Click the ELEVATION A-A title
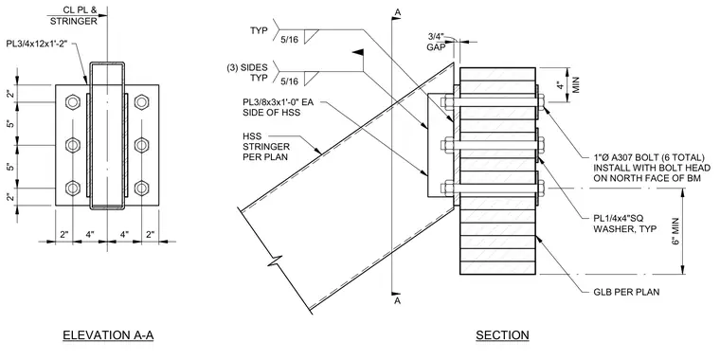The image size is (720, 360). [x=108, y=335]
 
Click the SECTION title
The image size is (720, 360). [x=502, y=335]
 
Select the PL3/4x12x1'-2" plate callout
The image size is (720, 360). [x=40, y=45]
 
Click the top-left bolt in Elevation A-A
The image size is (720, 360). [x=73, y=102]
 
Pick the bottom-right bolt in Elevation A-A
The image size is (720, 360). [x=141, y=188]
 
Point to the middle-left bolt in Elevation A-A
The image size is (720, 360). [x=73, y=145]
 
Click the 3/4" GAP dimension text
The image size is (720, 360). [x=437, y=42]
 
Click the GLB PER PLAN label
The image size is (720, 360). [x=626, y=292]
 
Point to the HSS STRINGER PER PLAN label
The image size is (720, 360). [x=266, y=147]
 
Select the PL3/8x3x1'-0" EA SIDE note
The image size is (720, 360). [x=279, y=106]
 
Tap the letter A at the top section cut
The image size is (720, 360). [x=398, y=12]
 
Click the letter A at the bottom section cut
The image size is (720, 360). [x=398, y=300]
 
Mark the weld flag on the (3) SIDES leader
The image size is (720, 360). [x=358, y=53]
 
